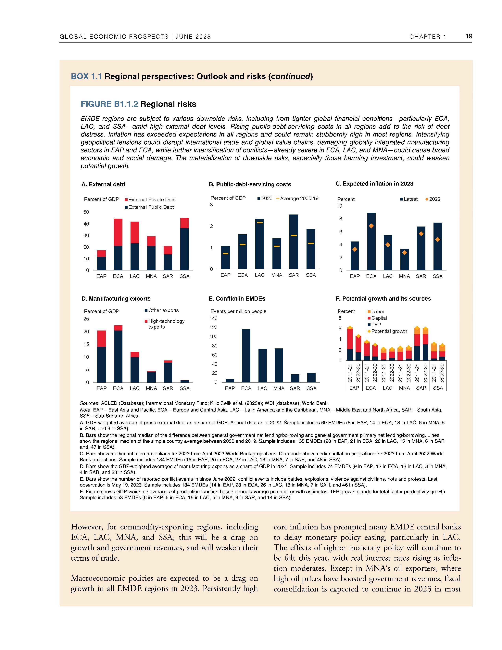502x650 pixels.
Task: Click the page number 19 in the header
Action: click(469, 36)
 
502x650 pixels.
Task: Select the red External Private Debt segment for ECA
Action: click(118, 232)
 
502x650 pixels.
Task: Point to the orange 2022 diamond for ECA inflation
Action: click(371, 226)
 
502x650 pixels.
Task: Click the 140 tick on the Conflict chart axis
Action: click(214, 318)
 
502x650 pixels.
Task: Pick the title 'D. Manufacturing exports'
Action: click(116, 299)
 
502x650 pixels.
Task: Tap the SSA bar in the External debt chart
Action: click(184, 244)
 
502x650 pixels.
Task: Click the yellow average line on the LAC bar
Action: click(260, 223)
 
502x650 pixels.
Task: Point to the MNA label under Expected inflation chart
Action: click(404, 276)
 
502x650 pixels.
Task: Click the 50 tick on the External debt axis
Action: click(86, 212)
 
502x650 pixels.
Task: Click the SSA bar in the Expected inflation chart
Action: click(437, 246)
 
